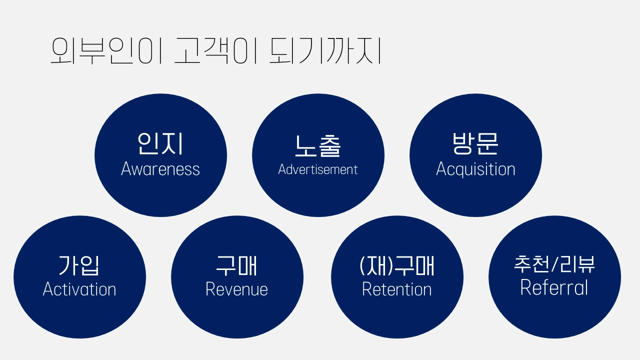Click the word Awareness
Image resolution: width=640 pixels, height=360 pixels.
[160, 169]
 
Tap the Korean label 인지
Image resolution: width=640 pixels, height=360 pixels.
[160, 143]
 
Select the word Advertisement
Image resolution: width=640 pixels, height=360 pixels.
[318, 169]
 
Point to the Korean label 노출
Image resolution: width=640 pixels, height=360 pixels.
[318, 145]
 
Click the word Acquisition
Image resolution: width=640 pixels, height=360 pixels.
[475, 169]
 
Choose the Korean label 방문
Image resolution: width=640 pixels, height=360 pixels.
[475, 143]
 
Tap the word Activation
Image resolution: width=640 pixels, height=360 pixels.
[79, 289]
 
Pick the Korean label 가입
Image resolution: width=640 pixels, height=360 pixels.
[79, 265]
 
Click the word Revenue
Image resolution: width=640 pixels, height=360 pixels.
[237, 289]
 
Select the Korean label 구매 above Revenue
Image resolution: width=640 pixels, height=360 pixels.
[237, 265]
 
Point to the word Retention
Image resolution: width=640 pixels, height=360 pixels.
[397, 289]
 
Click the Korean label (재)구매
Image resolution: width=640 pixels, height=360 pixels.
[397, 265]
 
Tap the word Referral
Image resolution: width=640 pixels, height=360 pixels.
[554, 287]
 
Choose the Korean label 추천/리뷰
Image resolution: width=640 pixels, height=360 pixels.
[554, 264]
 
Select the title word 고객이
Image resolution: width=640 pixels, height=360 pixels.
[216, 51]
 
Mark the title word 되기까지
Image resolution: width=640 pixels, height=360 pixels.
[325, 51]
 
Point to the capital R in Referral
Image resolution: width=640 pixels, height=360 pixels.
[526, 287]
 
